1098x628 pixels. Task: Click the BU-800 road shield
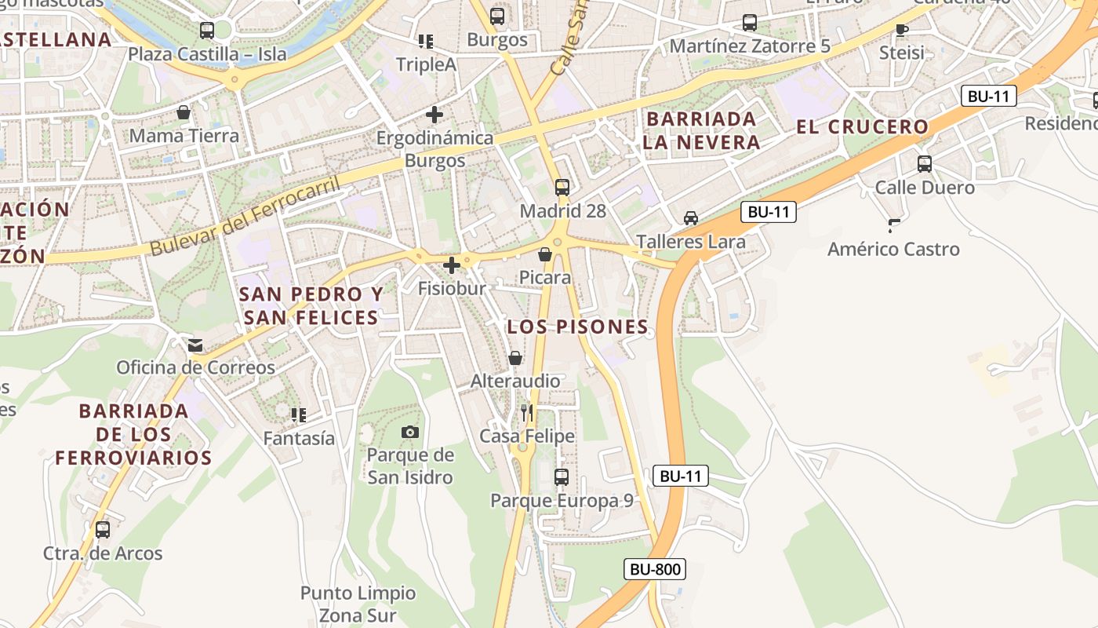tap(655, 569)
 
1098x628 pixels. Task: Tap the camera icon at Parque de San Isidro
tap(409, 432)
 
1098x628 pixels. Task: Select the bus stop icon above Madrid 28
tap(562, 187)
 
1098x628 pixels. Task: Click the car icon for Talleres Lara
tap(690, 217)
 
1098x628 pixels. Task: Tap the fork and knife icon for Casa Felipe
tap(526, 412)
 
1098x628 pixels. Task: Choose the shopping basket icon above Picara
tap(544, 254)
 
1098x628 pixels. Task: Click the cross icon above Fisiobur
tap(452, 265)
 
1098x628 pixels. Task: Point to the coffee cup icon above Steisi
tap(901, 30)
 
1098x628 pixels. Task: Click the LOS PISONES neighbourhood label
tap(577, 327)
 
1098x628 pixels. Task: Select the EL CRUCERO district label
tap(862, 126)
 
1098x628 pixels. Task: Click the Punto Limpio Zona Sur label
tap(358, 604)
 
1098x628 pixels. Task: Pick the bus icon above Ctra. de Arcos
tap(103, 529)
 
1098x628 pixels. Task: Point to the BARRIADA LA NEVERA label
tap(701, 130)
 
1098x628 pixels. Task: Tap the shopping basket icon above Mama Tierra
tap(184, 112)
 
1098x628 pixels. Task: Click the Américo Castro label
tap(893, 249)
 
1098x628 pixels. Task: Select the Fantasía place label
tap(299, 438)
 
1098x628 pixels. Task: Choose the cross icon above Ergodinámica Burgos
tap(434, 115)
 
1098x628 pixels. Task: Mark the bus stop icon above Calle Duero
tap(925, 163)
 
